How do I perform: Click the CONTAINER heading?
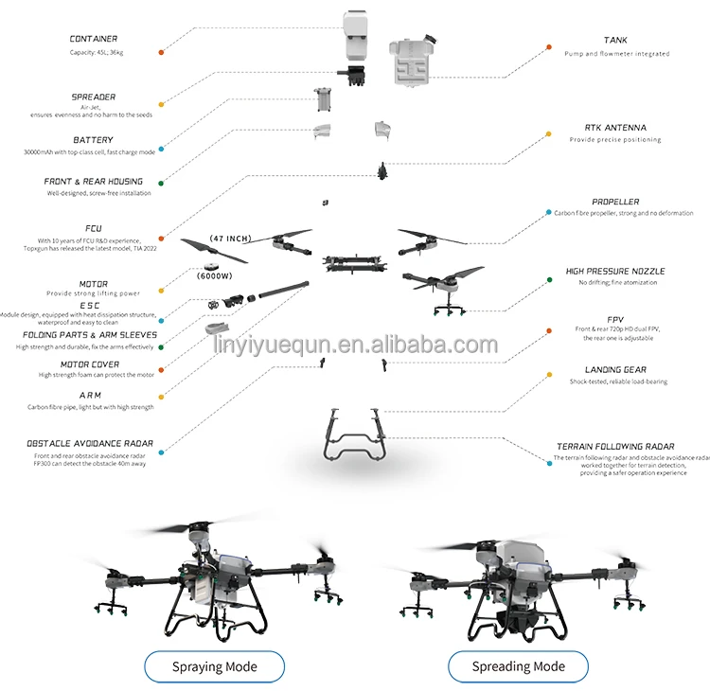94,39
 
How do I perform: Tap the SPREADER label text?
94,97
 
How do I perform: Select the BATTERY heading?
93,140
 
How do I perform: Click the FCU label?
94,228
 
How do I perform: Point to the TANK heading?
615,41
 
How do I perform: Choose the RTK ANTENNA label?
615,127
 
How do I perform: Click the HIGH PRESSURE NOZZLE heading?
615,271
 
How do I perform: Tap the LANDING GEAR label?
615,370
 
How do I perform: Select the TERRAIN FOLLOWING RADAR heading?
615,446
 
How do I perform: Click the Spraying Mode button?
214,666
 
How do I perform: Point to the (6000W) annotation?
215,275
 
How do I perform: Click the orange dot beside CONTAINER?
162,52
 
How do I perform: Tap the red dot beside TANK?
548,45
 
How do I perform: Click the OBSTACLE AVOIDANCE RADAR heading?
91,443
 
